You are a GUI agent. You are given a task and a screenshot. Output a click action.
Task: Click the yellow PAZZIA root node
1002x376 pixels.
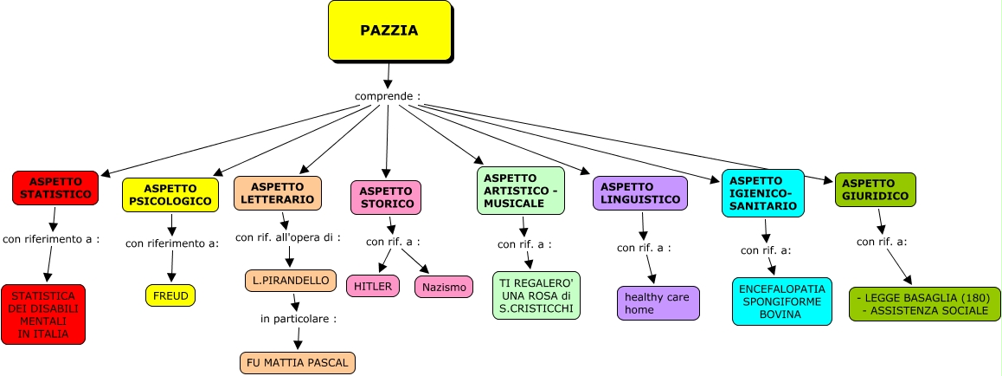click(x=389, y=31)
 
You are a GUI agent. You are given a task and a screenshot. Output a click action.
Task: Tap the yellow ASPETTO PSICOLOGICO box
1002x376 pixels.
click(x=170, y=195)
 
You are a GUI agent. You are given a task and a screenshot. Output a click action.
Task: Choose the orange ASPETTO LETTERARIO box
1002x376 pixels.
click(x=277, y=193)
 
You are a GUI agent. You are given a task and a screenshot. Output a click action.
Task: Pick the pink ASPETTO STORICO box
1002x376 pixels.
click(x=385, y=198)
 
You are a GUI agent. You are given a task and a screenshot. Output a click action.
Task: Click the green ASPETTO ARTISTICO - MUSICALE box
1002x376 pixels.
click(x=520, y=191)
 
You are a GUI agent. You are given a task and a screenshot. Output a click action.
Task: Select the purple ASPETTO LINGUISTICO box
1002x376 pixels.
click(x=639, y=193)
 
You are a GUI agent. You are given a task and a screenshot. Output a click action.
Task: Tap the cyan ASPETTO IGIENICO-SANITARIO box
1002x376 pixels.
click(x=762, y=193)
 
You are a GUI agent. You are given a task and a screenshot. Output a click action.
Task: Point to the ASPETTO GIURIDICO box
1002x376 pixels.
click(x=875, y=190)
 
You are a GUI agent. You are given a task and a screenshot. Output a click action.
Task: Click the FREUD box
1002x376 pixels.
click(x=170, y=295)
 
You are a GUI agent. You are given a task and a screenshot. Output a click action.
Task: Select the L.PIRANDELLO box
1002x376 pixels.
click(x=291, y=280)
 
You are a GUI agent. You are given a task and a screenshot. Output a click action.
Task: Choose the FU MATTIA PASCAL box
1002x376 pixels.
click(x=298, y=362)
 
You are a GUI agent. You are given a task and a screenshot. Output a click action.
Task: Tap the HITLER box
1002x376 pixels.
click(x=373, y=286)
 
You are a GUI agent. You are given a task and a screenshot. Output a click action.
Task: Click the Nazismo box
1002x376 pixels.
click(x=444, y=287)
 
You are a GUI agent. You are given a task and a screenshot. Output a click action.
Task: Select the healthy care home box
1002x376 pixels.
click(x=658, y=303)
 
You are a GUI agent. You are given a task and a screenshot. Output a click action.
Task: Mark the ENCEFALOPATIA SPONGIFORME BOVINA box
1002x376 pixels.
click(x=781, y=301)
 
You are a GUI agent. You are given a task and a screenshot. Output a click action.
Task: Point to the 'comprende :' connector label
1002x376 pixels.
click(x=388, y=95)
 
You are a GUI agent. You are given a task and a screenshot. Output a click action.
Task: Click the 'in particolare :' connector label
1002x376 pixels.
click(x=299, y=319)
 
